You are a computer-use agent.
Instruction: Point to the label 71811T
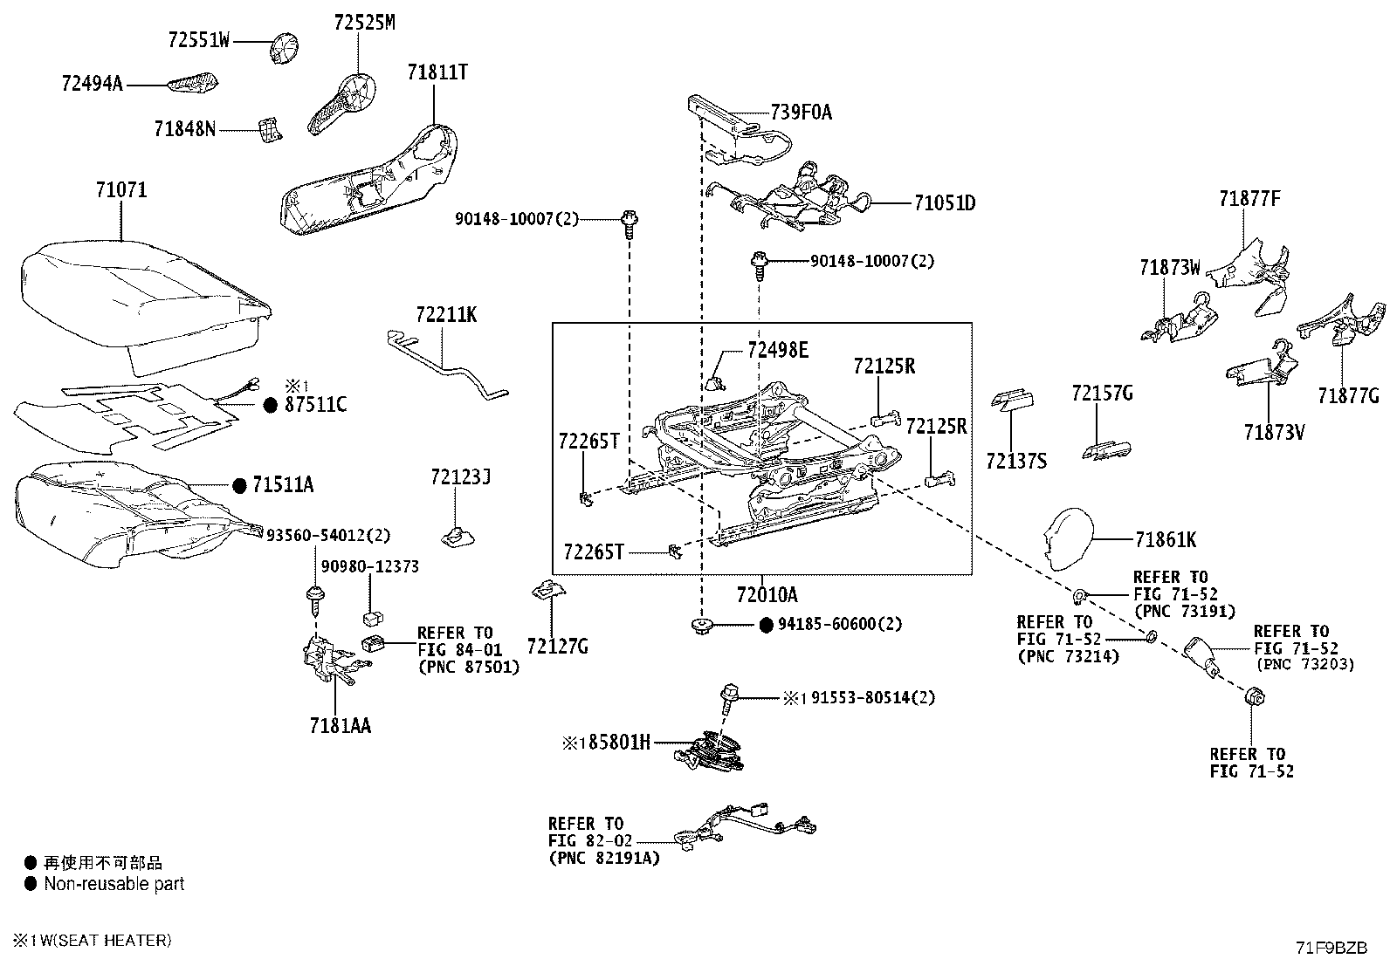point(437,72)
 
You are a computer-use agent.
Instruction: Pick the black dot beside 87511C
point(270,405)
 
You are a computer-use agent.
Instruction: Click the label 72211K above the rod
point(446,315)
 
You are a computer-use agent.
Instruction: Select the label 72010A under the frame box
point(767,595)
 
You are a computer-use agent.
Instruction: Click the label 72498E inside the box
point(778,351)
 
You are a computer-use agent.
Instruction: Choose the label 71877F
point(1249,199)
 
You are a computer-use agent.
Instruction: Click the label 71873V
point(1274,431)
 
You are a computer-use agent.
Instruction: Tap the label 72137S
point(1015,461)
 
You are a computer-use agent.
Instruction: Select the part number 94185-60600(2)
point(840,624)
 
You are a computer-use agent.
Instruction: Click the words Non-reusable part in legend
point(114,884)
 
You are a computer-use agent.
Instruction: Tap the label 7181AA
point(340,726)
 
